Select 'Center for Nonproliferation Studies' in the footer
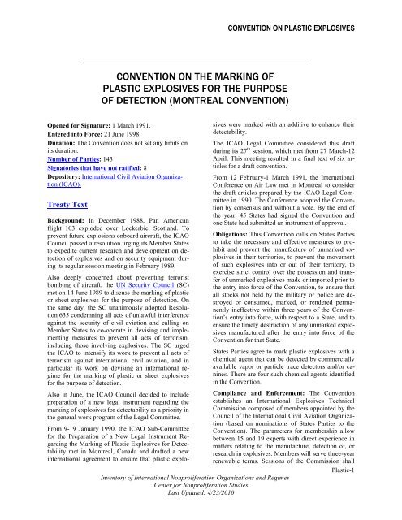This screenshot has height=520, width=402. [201, 493]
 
